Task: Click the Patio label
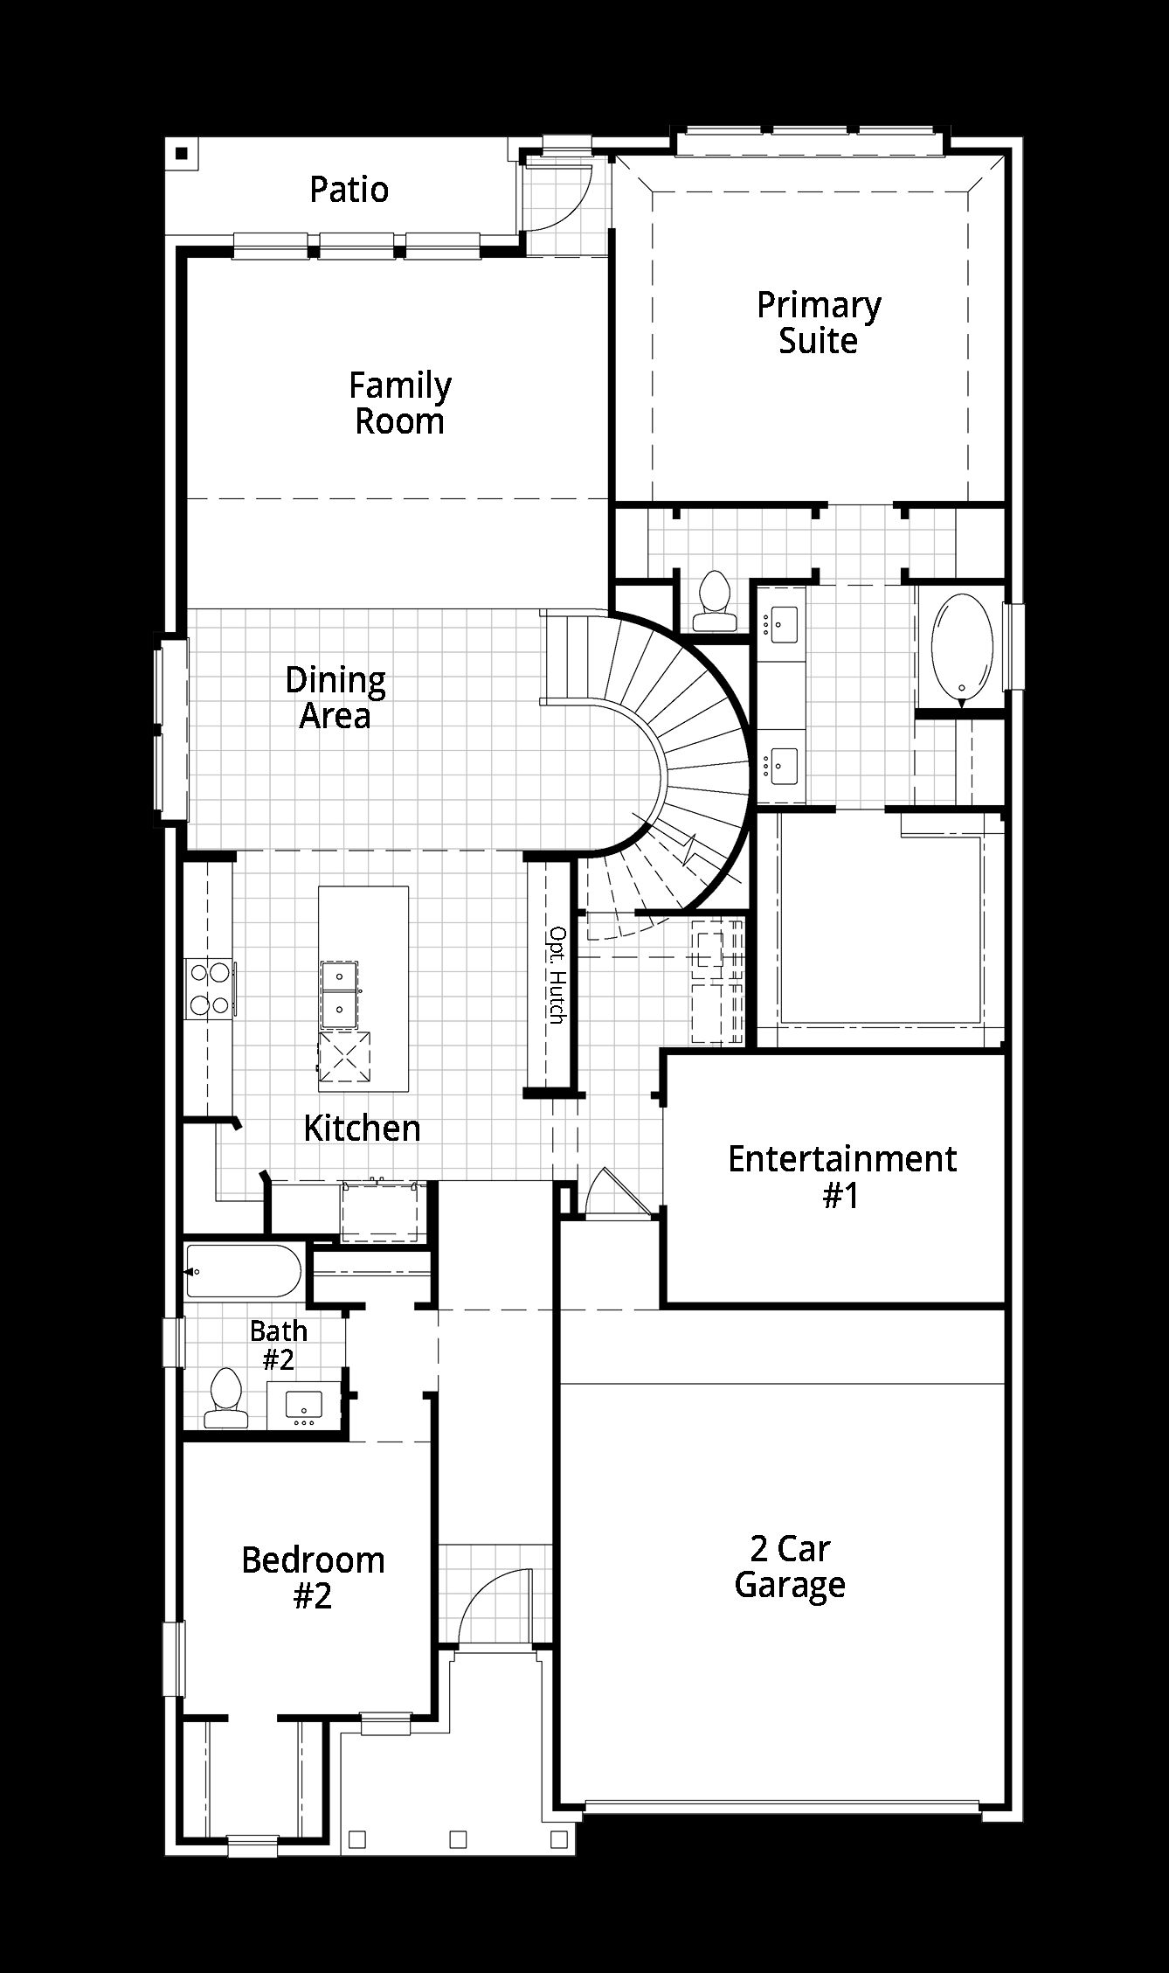349,190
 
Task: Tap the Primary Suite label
819,323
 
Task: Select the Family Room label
400,403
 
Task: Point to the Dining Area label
335,698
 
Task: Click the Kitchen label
362,1128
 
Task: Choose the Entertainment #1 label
842,1177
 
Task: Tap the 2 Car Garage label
790,1566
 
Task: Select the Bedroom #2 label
313,1578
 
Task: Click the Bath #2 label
279,1344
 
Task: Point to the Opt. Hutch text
557,975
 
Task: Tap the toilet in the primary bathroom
715,601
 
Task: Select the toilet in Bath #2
225,1396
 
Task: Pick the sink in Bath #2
305,1403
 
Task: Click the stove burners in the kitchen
210,989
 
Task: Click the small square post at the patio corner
181,154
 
